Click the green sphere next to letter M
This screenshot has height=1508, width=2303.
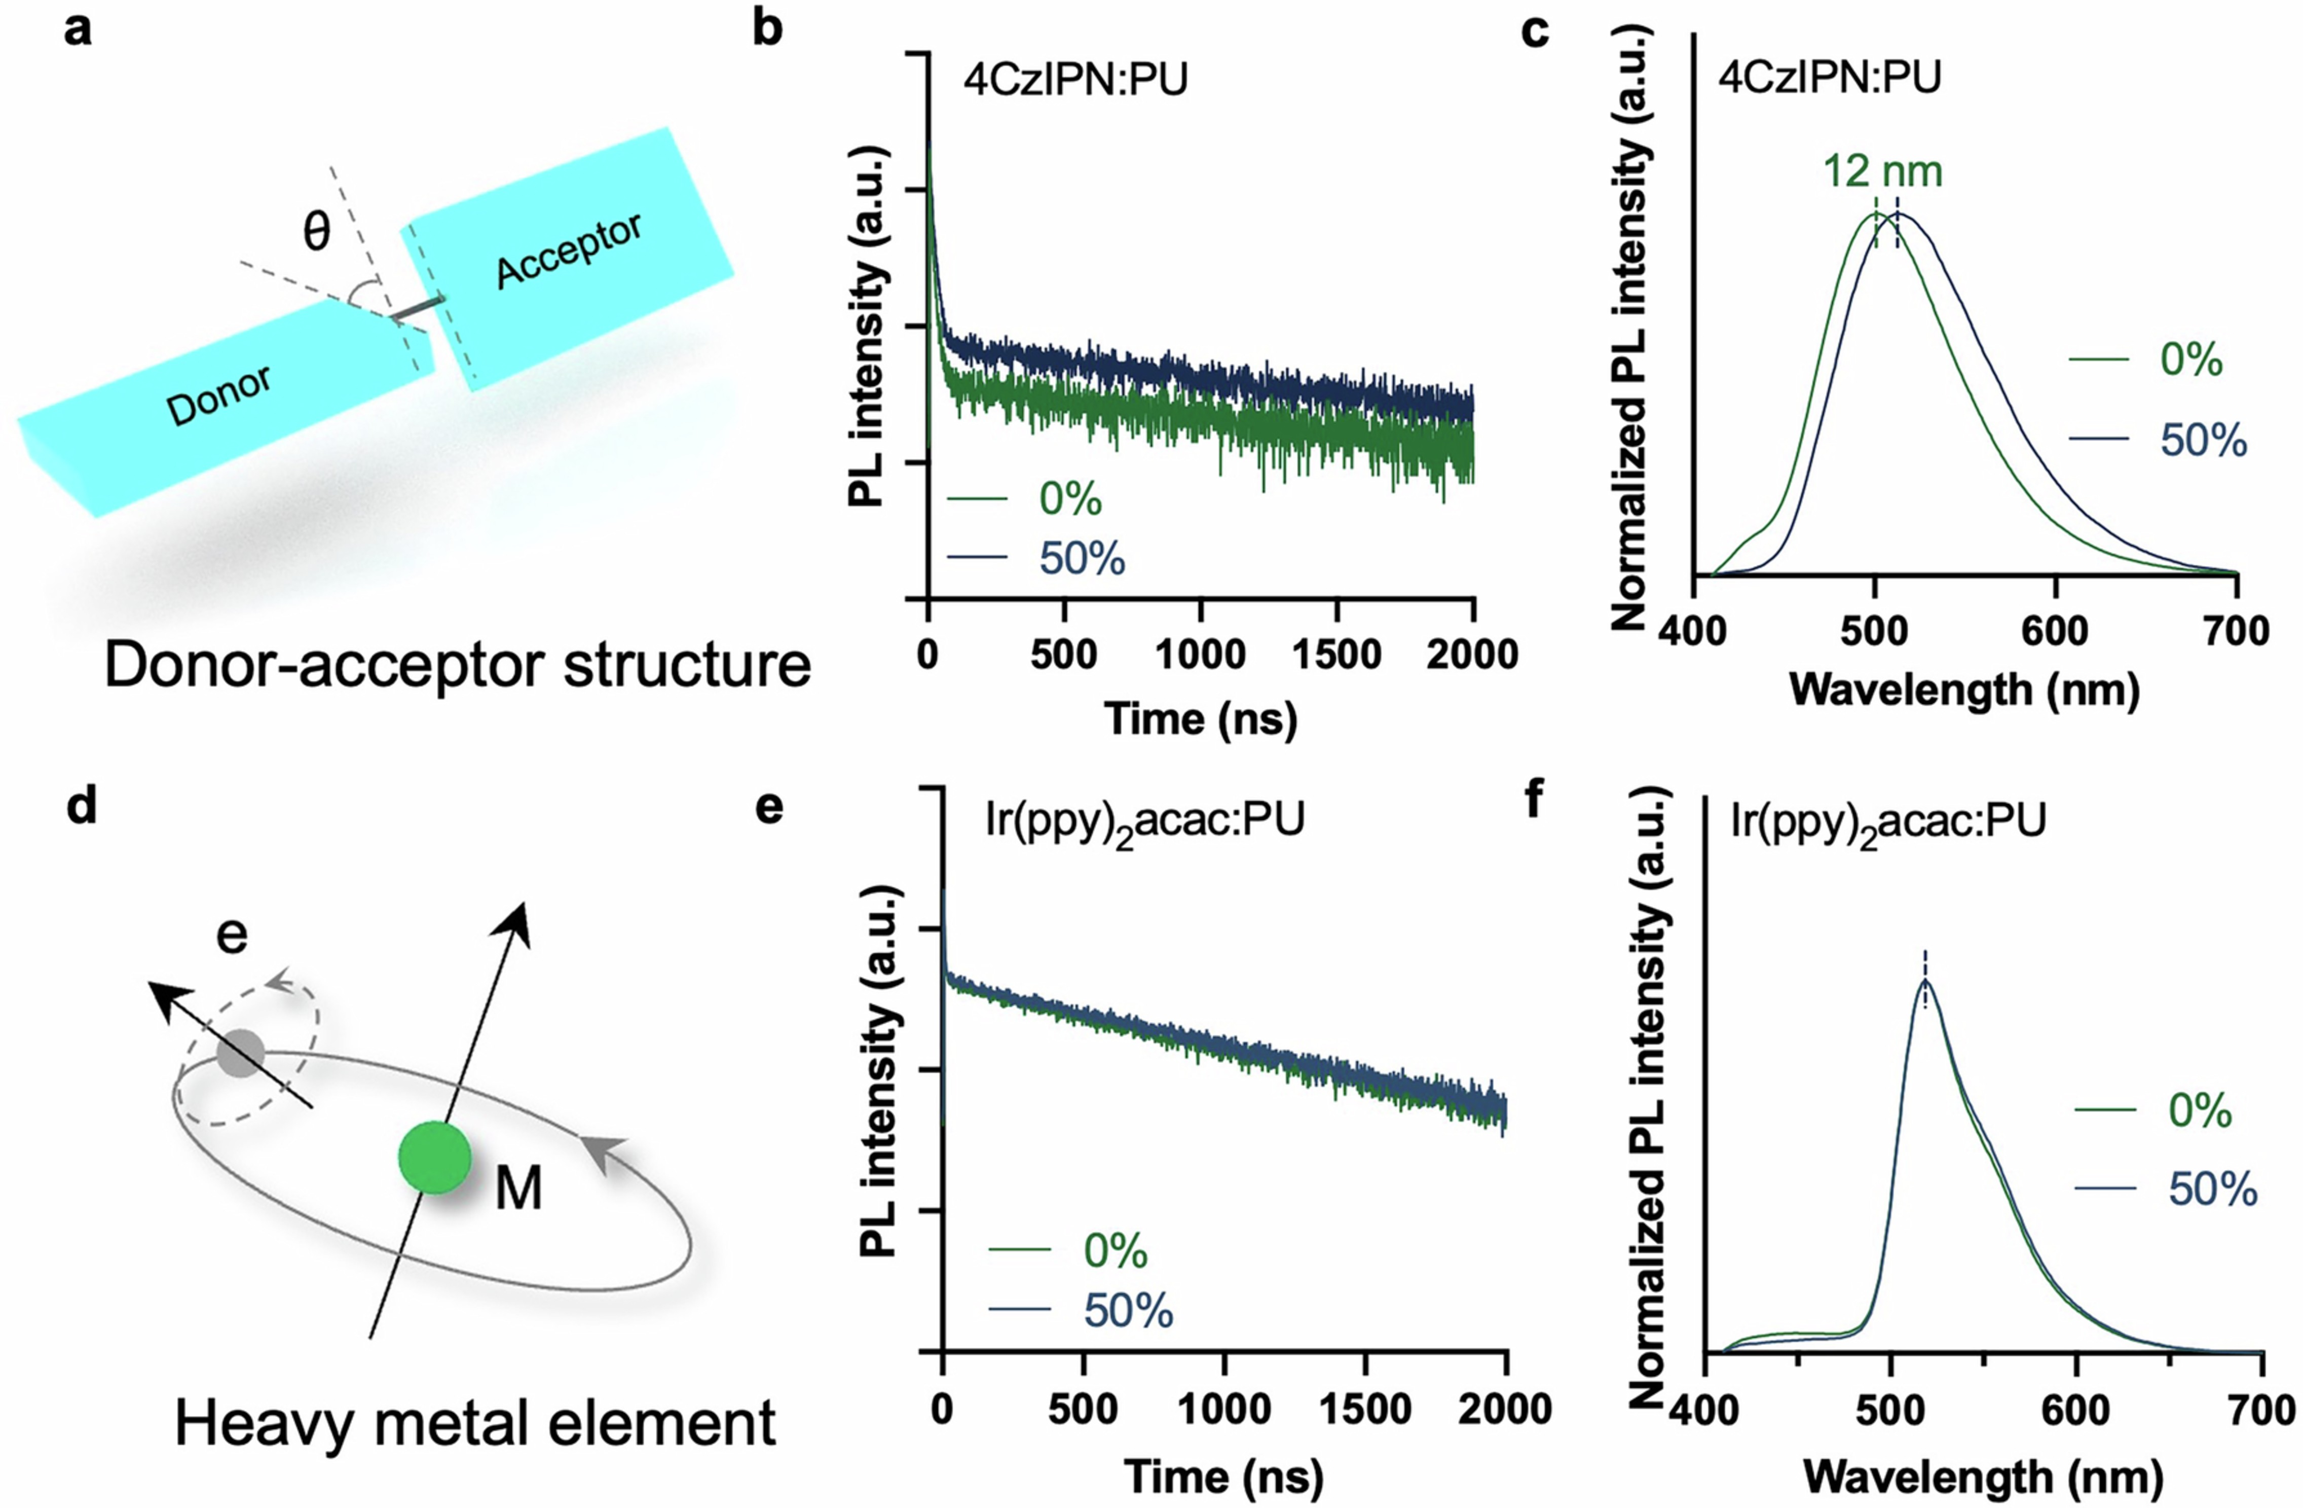(x=434, y=1158)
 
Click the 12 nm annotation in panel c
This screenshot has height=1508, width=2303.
(x=1882, y=171)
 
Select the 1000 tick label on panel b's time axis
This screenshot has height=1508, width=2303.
(x=1200, y=655)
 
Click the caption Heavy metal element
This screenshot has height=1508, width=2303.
(x=475, y=1424)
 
